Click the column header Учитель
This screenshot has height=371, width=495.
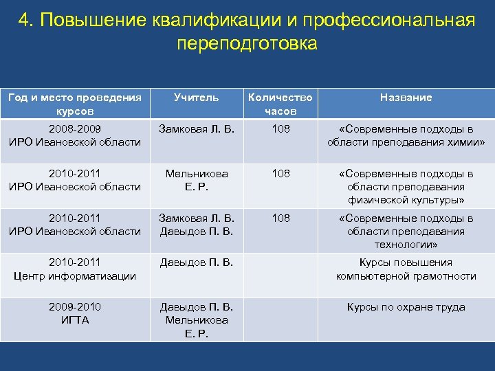[x=196, y=98]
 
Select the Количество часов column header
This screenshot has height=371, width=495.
[x=280, y=104]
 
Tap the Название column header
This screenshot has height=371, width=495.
[x=406, y=98]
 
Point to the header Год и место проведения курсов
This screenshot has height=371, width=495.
[x=75, y=104]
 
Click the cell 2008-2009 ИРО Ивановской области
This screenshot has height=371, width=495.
[x=75, y=135]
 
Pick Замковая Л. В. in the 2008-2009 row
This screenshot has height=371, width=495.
[x=196, y=129]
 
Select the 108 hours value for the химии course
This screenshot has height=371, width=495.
[x=280, y=129]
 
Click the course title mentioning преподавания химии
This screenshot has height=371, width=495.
[x=406, y=135]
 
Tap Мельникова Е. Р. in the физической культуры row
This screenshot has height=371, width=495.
[x=196, y=180]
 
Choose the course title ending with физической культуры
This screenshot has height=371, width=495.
[x=406, y=187]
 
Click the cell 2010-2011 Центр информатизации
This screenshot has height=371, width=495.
[x=75, y=269]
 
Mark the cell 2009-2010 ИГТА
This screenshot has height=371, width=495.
[x=75, y=314]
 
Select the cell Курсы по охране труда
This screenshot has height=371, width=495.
[x=406, y=307]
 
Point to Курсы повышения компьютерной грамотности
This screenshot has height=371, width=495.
[x=406, y=269]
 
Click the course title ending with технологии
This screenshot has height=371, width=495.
[x=406, y=232]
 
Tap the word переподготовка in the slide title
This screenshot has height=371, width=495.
[x=247, y=44]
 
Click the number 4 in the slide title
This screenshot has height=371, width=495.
[x=24, y=20]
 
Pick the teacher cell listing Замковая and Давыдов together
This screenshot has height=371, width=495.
[x=196, y=225]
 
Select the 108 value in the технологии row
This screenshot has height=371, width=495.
[x=280, y=218]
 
